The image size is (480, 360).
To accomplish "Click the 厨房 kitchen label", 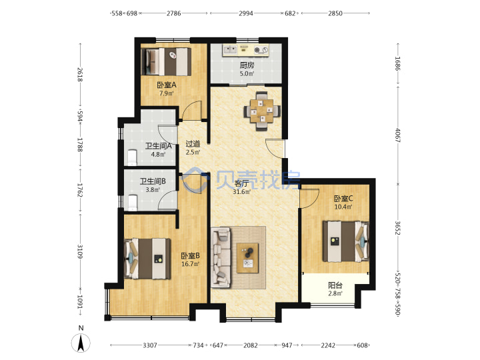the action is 247,65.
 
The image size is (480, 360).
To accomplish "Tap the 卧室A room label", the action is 167,85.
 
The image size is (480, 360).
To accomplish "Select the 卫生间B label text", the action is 153,181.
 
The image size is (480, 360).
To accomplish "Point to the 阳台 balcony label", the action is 335,285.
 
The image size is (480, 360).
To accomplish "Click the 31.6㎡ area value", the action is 241,192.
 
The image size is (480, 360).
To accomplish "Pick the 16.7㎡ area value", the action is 190,263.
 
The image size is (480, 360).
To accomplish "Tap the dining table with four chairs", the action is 262,111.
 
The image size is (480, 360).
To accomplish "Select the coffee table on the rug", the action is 247,258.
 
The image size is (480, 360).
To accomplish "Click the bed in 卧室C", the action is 346,241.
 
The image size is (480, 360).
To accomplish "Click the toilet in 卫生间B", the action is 132,203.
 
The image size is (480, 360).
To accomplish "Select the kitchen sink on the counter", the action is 230,49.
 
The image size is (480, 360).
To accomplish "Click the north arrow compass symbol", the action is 81,343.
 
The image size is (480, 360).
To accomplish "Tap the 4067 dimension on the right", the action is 397,135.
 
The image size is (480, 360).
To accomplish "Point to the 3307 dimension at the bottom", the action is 150,345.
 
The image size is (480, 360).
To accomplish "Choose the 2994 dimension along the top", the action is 246,13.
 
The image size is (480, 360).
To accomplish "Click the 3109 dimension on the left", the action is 81,251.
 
